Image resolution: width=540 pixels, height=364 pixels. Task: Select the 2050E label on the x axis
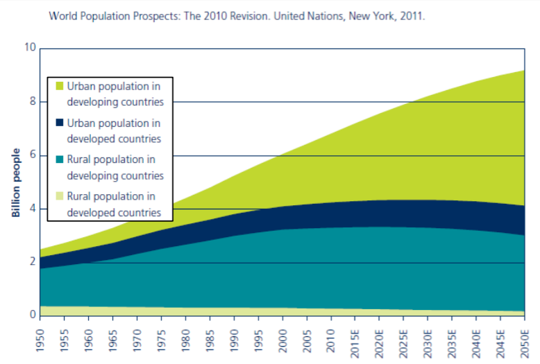pos(525,340)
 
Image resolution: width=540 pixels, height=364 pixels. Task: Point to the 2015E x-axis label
pos(356,340)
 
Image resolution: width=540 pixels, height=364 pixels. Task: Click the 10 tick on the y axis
pos(29,48)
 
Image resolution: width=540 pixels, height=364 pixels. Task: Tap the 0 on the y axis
pos(32,315)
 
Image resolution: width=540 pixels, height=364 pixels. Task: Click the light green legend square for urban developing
pos(59,87)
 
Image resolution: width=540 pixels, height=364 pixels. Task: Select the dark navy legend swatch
pos(59,123)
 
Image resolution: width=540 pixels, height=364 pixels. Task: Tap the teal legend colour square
pos(59,160)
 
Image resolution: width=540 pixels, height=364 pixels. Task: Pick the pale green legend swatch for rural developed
pos(59,196)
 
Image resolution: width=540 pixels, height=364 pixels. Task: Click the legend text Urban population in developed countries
pos(115,131)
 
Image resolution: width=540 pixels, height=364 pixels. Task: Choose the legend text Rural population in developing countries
pos(115,167)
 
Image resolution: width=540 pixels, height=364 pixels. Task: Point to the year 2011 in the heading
pos(412,14)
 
